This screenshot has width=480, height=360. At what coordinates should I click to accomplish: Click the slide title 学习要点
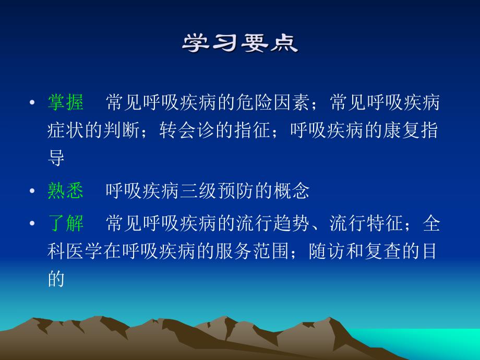click(x=240, y=44)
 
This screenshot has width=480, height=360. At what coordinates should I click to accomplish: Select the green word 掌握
click(x=65, y=103)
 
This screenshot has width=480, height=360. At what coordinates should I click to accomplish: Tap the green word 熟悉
click(x=65, y=191)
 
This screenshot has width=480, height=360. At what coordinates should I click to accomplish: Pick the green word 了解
click(x=65, y=224)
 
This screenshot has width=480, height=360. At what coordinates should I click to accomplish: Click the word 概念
click(x=293, y=191)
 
